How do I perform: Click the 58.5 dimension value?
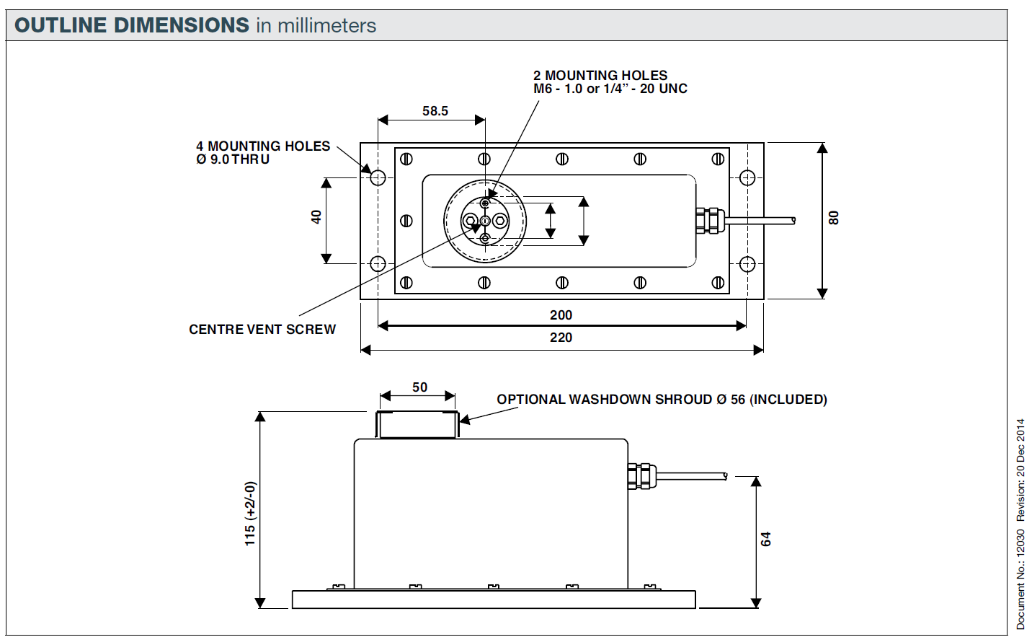tap(435, 111)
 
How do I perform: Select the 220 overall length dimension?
tap(561, 338)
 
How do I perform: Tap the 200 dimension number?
tap(561, 315)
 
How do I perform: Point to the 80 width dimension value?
tap(834, 218)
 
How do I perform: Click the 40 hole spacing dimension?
tap(316, 217)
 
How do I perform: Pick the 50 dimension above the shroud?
tap(420, 387)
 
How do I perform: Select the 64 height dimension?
tap(765, 539)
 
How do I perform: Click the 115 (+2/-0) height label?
tap(250, 514)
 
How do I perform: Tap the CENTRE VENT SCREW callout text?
tap(262, 330)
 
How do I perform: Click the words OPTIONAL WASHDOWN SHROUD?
tap(604, 400)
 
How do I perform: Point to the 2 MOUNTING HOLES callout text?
tap(600, 76)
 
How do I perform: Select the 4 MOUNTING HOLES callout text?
tap(263, 146)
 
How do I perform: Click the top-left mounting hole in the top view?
tap(378, 177)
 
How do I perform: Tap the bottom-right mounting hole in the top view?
tap(747, 264)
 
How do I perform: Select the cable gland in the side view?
tap(641, 476)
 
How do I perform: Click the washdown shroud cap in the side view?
tap(417, 424)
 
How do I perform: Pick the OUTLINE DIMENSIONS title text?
tap(132, 25)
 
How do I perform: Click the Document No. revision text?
tap(1020, 524)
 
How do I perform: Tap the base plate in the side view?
tap(494, 599)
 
